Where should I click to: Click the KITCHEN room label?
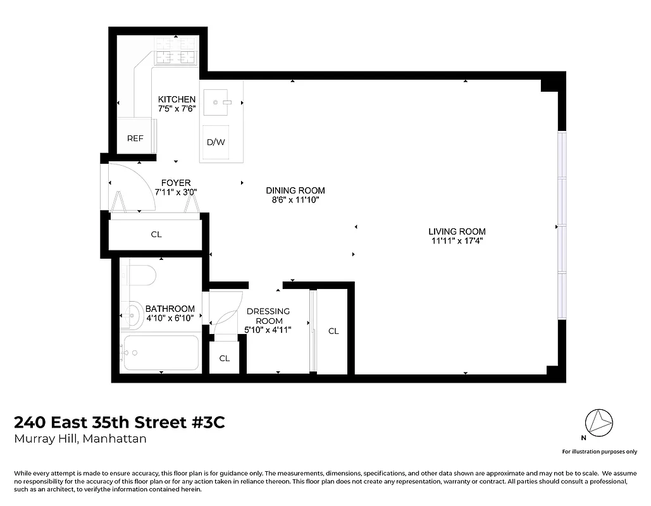point(177,99)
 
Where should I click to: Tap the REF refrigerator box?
point(135,139)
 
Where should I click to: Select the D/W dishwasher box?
point(216,142)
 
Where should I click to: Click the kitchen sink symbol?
point(221,101)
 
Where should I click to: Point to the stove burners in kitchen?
point(176,52)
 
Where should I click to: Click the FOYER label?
point(176,183)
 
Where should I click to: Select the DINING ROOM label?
point(295,190)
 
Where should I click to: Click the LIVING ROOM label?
point(457,231)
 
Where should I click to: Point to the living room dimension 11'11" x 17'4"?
point(457,241)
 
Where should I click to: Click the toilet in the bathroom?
point(141,275)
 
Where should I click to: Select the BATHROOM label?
point(170,309)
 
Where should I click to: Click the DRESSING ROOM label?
point(268,316)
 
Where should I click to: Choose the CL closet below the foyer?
point(156,234)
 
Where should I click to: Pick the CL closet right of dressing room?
point(333,331)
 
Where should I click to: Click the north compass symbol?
point(598,422)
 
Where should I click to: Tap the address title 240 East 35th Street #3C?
point(119,422)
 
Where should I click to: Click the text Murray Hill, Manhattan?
point(80,439)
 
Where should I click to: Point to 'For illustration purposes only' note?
point(599,452)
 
